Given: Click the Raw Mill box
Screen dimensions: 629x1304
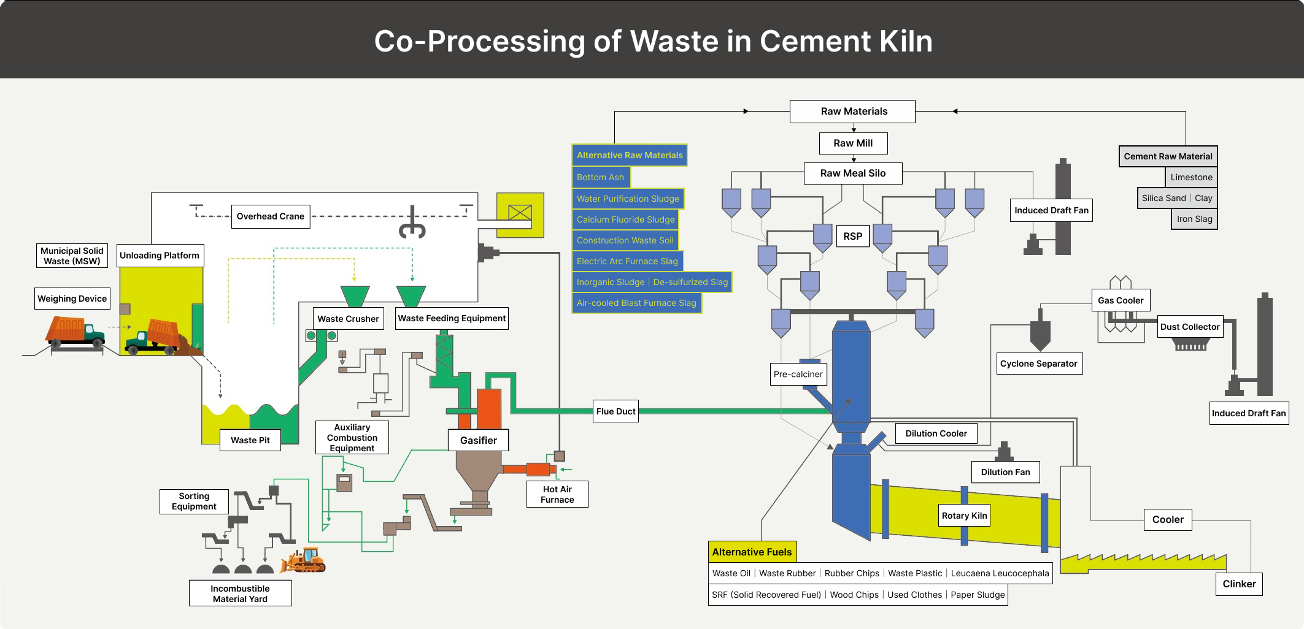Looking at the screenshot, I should (x=853, y=143).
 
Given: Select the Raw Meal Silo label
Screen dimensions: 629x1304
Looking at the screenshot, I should (x=853, y=173).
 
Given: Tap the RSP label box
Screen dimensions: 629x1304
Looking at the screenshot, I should (x=852, y=236).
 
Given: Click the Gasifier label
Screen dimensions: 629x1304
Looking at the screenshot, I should (x=478, y=440).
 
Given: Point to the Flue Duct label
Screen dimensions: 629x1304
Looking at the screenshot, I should (x=615, y=411).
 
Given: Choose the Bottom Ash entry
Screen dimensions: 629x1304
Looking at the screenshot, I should (x=600, y=177).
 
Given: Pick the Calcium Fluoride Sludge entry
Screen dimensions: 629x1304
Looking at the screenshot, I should (x=625, y=219).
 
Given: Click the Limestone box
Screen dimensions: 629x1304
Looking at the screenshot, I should (x=1191, y=177).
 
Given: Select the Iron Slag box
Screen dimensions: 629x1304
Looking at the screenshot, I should (x=1194, y=219).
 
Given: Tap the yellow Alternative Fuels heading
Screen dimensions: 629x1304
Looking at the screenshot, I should (x=752, y=552).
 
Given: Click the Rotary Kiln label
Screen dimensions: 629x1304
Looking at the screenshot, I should (x=964, y=516).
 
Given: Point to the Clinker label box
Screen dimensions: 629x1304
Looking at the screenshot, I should (x=1239, y=584).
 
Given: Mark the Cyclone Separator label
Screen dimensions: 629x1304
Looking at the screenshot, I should (x=1038, y=364).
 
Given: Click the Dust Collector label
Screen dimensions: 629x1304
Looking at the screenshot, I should (x=1189, y=327).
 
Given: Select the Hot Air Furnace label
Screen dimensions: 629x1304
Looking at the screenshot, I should (x=557, y=494).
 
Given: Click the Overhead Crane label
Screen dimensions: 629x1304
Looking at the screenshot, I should (x=270, y=216).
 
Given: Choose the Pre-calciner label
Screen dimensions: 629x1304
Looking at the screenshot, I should (x=798, y=374).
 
